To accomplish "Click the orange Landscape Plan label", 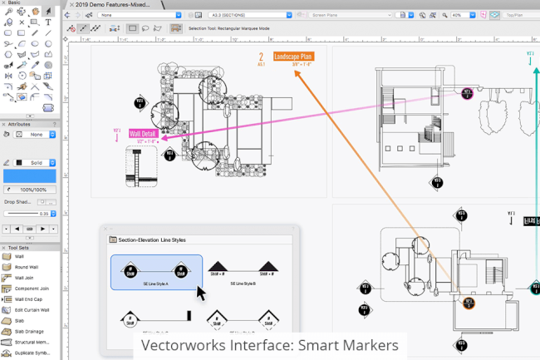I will [x=293, y=56].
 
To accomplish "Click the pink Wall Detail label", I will [x=143, y=133].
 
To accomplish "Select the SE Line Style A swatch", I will [x=156, y=272].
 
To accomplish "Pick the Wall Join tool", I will [x=24, y=277].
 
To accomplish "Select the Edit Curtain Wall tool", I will [x=31, y=309].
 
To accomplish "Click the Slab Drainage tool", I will [x=28, y=331].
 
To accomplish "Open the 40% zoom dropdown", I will [x=462, y=15].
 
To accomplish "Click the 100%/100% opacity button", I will [x=34, y=190].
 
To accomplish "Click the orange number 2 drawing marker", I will [x=260, y=57].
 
